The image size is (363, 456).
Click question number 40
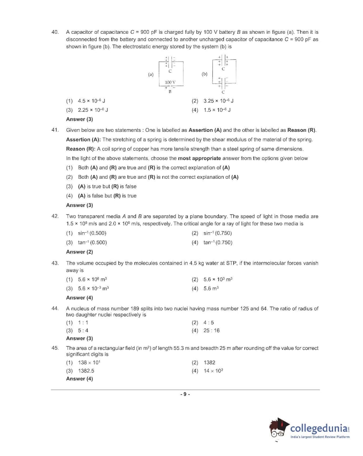click(55, 32)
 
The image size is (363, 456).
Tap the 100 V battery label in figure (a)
click(170, 82)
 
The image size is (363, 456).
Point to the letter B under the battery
click(170, 92)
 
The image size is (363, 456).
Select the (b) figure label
click(204, 74)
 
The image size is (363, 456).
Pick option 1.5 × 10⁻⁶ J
click(217, 110)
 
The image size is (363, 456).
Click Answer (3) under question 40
click(79, 119)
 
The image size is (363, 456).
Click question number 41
click(55, 130)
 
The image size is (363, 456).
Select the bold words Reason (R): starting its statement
click(80, 149)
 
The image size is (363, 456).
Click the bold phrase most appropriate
click(199, 158)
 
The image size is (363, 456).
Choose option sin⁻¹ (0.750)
click(218, 233)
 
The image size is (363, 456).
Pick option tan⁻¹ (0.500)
click(92, 242)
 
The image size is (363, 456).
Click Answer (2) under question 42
click(79, 252)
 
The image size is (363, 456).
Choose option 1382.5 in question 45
click(86, 371)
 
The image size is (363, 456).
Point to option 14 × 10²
click(213, 371)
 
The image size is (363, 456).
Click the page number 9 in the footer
click(185, 394)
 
